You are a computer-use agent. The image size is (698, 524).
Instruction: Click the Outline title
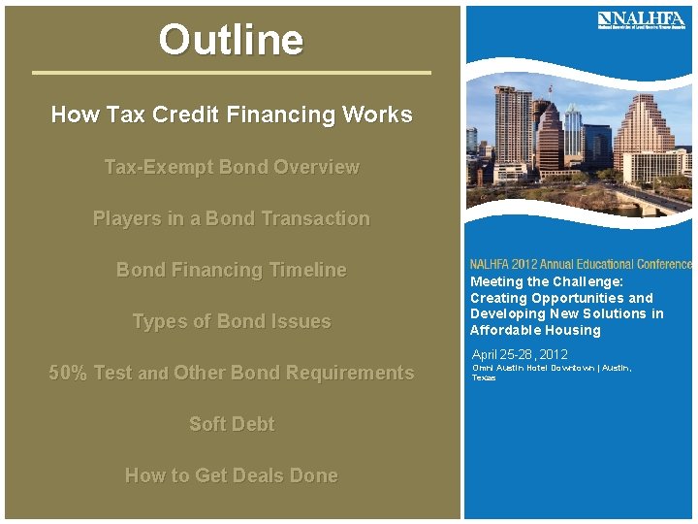click(x=231, y=41)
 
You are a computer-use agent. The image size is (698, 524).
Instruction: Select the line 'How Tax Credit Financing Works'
click(x=231, y=115)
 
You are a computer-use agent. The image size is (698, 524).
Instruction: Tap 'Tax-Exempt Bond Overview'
click(x=231, y=167)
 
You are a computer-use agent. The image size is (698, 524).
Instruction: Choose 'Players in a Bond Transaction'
click(x=231, y=218)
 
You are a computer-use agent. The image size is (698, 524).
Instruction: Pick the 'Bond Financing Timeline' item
click(x=231, y=270)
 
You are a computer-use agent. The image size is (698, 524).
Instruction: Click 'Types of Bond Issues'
click(x=231, y=321)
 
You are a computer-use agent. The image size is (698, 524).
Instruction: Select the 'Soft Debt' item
click(x=231, y=424)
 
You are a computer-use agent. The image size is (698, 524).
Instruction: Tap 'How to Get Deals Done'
click(x=231, y=475)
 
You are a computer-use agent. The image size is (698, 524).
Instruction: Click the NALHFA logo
click(x=641, y=20)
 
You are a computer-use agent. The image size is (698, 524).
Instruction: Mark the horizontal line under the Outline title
click(x=231, y=72)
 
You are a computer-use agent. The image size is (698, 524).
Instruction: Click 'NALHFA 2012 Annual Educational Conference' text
click(x=581, y=264)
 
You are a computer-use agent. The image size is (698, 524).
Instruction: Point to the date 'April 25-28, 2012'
click(x=520, y=354)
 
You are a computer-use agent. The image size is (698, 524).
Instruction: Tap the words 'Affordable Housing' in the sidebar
click(x=535, y=330)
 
